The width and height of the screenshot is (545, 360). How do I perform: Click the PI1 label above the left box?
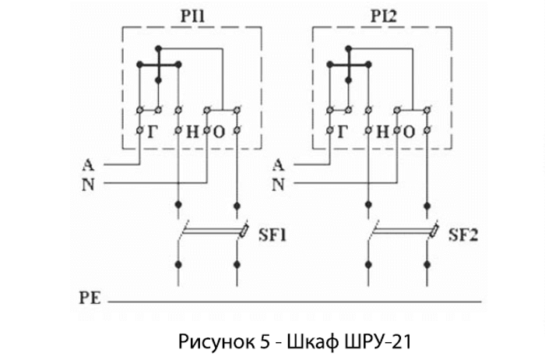coord(192,16)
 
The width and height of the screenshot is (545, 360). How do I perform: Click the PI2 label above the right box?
coord(383,16)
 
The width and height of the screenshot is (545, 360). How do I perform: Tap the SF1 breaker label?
coord(272,235)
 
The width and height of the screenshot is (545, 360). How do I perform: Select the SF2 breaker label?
coord(463,235)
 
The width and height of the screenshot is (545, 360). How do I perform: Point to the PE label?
coord(90,298)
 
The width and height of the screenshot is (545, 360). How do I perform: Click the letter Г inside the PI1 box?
coord(153,132)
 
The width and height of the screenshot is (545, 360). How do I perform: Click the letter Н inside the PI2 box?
coord(382,132)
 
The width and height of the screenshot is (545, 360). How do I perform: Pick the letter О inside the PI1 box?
coord(219,132)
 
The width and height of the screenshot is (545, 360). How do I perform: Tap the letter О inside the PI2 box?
coord(409,132)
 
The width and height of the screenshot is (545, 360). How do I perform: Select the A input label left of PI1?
coord(88,164)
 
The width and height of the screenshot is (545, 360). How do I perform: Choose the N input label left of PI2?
coord(278,185)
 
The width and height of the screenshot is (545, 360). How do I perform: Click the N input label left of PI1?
coord(88,185)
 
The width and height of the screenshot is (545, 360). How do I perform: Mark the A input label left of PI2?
coord(278,164)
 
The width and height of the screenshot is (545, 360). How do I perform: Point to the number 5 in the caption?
coord(265,342)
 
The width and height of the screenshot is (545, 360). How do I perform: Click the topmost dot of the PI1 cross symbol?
coord(159,48)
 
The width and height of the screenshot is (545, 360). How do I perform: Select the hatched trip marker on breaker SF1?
coord(244,231)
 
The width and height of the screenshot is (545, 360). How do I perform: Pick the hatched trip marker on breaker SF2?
coord(434,231)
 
